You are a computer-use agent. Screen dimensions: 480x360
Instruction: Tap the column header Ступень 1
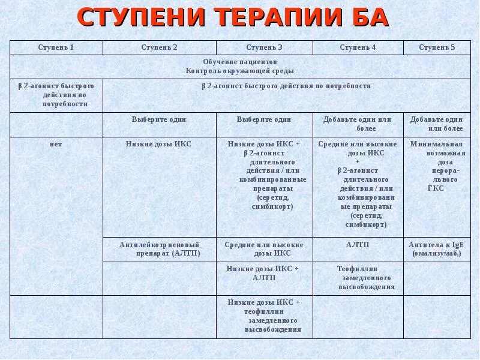(x=56, y=47)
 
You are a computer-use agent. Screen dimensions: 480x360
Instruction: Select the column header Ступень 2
(x=159, y=47)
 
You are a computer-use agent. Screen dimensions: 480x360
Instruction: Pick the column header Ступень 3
(x=264, y=47)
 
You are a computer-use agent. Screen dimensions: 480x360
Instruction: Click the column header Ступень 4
(x=358, y=47)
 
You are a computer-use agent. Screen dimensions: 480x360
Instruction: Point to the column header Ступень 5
(x=437, y=47)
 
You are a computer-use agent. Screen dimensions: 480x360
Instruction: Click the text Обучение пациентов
(x=239, y=62)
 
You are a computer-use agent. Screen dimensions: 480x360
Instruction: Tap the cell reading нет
(x=56, y=145)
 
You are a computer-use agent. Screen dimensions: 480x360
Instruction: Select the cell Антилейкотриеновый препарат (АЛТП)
(x=159, y=249)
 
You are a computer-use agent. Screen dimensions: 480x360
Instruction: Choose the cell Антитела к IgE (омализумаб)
(x=437, y=249)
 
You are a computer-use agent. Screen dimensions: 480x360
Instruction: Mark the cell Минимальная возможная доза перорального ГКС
(x=437, y=166)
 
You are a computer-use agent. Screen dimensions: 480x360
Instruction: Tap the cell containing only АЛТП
(x=358, y=245)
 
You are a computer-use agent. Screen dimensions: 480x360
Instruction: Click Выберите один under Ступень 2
(x=159, y=119)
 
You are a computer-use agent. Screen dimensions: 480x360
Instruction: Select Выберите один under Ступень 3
(x=264, y=119)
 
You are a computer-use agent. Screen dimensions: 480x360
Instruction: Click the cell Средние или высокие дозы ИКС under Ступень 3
(x=264, y=249)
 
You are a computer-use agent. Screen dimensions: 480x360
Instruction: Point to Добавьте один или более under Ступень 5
(x=437, y=124)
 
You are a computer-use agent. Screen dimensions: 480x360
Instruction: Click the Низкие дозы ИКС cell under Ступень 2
(x=159, y=145)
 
